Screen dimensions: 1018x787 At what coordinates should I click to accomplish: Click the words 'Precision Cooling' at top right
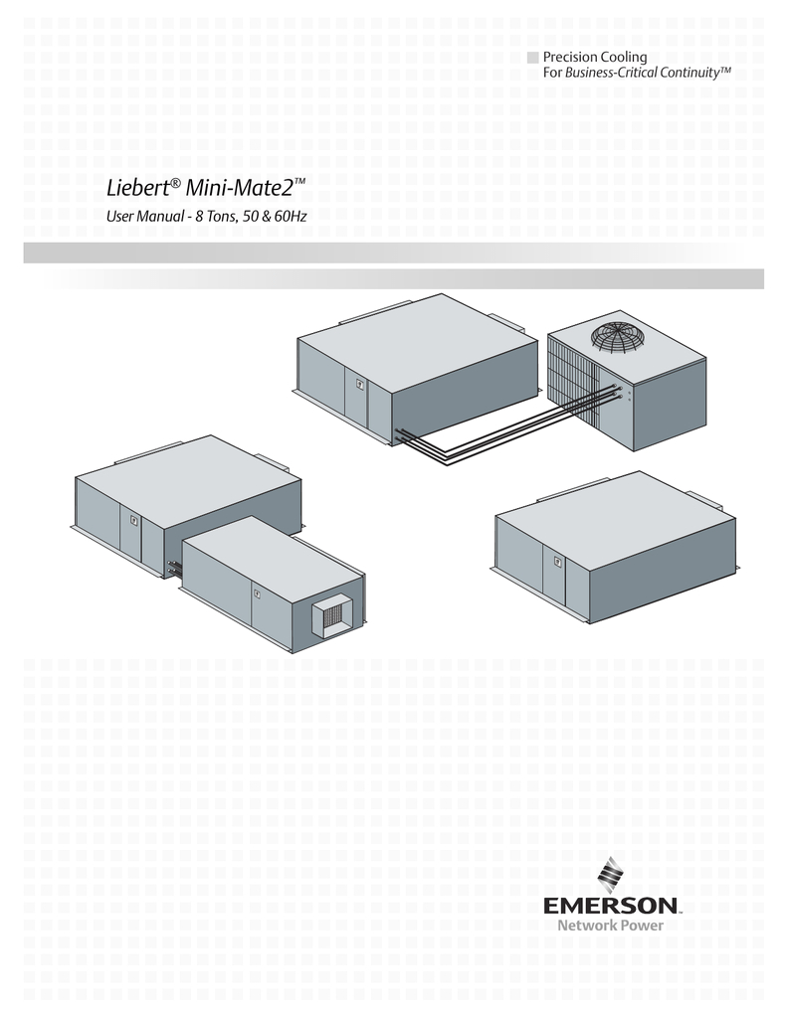[x=595, y=57]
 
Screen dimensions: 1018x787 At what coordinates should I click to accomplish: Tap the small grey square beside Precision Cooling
[x=532, y=57]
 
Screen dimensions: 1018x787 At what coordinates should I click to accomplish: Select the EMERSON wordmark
[x=611, y=905]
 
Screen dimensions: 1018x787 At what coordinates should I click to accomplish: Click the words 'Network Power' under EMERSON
[x=610, y=926]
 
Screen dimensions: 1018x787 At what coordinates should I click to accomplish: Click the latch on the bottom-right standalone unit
[x=557, y=562]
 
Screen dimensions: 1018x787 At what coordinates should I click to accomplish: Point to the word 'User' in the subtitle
[x=121, y=217]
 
